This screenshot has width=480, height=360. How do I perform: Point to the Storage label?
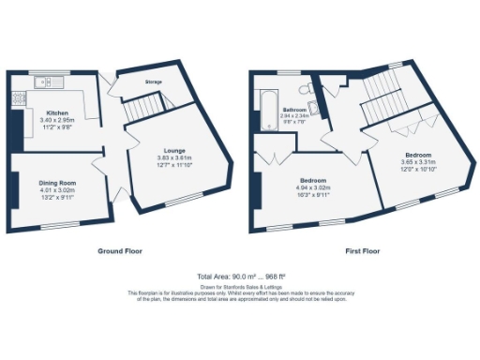(153, 82)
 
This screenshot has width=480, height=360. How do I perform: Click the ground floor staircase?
(142, 110)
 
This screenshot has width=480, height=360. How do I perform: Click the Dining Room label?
(57, 184)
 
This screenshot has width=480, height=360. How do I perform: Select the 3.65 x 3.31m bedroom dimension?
(417, 162)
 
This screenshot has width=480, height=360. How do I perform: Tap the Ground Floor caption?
(120, 251)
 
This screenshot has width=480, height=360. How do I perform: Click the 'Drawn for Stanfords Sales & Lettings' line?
(239, 285)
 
